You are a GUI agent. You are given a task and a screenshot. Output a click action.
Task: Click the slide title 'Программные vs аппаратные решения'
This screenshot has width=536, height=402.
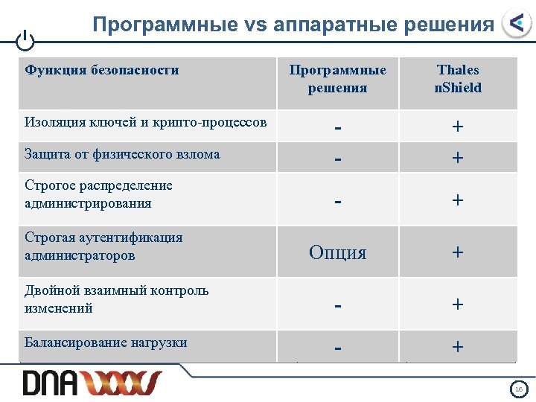[x=293, y=25]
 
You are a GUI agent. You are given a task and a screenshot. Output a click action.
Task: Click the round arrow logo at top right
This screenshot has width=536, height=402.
[x=516, y=24]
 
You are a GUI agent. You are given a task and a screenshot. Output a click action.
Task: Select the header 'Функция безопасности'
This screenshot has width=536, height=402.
[x=102, y=71]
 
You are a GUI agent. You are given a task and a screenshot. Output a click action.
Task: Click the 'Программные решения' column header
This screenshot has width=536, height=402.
[x=338, y=79]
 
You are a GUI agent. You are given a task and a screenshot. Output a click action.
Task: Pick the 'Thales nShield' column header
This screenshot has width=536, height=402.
[x=458, y=79]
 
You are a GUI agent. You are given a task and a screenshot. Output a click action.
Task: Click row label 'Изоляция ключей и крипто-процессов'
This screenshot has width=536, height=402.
[x=146, y=122]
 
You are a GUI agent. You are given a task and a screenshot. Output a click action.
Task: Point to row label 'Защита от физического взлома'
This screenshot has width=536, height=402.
[x=122, y=154]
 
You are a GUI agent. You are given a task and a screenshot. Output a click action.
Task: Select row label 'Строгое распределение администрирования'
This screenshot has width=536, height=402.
[x=98, y=194]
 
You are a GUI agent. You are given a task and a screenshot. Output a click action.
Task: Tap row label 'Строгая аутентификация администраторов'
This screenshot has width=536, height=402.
[x=103, y=246]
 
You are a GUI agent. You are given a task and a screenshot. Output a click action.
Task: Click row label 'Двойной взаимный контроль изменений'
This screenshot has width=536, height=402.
[x=116, y=299]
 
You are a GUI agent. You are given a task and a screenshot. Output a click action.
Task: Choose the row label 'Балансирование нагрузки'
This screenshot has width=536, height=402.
[x=106, y=343]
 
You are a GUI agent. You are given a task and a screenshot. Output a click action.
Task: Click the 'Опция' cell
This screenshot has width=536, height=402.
[x=338, y=252]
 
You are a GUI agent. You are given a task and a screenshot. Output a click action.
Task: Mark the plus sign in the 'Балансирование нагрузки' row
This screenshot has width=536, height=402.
[x=458, y=347]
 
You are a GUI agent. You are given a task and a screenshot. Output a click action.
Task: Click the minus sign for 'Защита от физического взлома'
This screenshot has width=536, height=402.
[x=338, y=158]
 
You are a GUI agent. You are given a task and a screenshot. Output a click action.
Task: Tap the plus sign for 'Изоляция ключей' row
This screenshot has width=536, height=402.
[x=458, y=127]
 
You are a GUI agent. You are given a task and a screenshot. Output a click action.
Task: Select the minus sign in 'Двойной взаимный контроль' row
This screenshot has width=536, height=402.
[x=338, y=304]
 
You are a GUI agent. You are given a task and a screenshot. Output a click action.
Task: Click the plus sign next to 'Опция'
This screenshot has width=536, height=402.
[x=458, y=252]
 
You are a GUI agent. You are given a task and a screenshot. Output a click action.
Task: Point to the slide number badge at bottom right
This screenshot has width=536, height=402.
[x=518, y=389]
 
